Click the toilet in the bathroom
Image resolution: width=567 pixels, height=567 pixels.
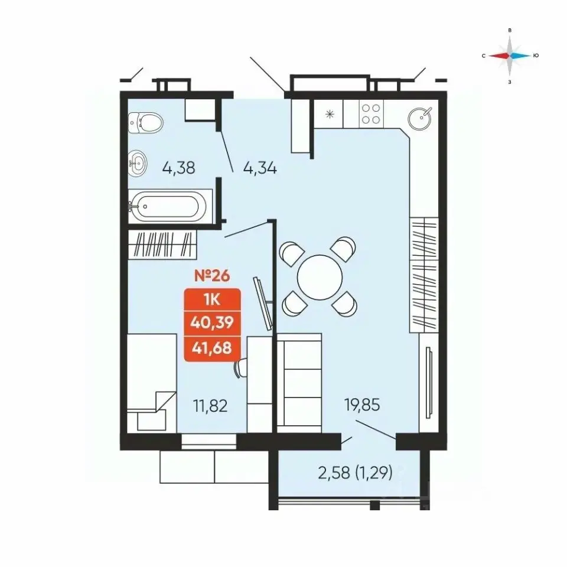pos(145,123)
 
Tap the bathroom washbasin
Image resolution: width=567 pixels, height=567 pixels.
pos(138,162)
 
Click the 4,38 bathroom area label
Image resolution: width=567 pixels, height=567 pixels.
pos(178,168)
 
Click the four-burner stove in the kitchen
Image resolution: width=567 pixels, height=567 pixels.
pos(371,113)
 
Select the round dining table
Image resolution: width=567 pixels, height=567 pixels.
pos(320,278)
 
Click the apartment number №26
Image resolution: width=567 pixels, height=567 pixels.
pos(212,276)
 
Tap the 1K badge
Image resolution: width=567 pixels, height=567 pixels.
pos(212,300)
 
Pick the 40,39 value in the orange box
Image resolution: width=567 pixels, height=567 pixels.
pos(212,322)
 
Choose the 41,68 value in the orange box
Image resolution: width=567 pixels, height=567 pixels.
pos(212,348)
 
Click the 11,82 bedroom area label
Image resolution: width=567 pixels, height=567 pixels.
pos(210,406)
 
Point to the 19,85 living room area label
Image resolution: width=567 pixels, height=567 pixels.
pos(362,405)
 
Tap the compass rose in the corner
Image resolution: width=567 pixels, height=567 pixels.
pos(510,56)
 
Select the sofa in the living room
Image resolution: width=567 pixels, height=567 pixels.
pos(299,383)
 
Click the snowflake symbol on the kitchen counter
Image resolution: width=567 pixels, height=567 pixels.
pos(330,115)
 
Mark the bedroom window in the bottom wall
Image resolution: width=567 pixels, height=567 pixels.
pos(208,442)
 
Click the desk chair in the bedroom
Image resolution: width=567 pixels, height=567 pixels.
pos(241,369)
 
